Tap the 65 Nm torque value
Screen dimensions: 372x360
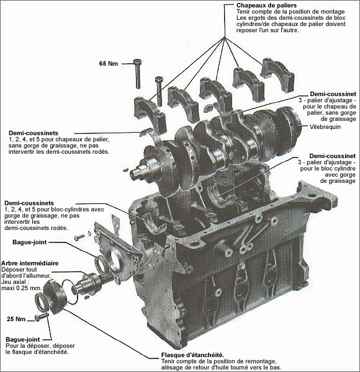click(x=109, y=63)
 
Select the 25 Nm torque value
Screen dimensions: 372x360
click(x=16, y=319)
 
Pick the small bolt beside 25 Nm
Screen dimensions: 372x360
click(x=42, y=317)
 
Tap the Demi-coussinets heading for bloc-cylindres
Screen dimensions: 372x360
click(x=29, y=203)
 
